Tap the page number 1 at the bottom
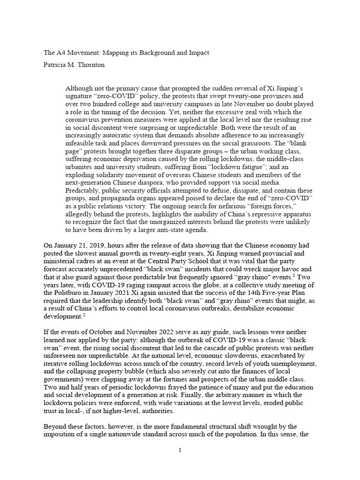(180, 450)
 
